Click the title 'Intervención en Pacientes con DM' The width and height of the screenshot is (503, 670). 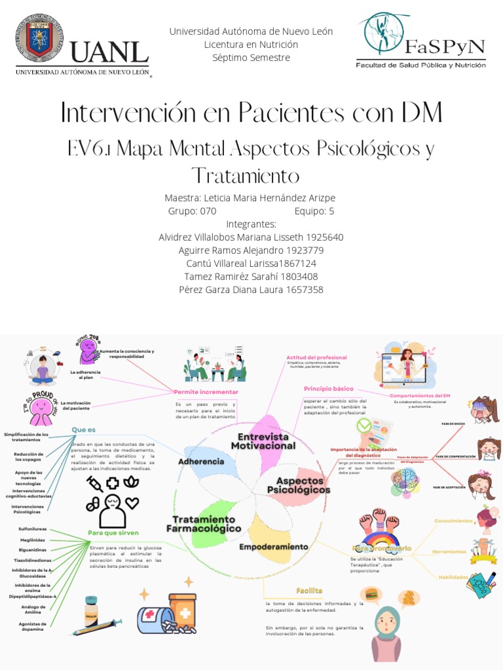(251, 113)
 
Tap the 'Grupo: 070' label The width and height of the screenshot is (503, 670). (192, 211)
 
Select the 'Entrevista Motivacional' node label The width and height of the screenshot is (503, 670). (263, 440)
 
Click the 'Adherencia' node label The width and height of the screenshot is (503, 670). (201, 461)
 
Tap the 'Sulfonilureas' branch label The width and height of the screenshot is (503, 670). (33, 526)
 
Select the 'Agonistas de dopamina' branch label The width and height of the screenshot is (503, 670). (32, 626)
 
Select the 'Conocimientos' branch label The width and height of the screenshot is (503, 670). (453, 521)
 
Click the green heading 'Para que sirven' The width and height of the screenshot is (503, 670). (114, 532)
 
